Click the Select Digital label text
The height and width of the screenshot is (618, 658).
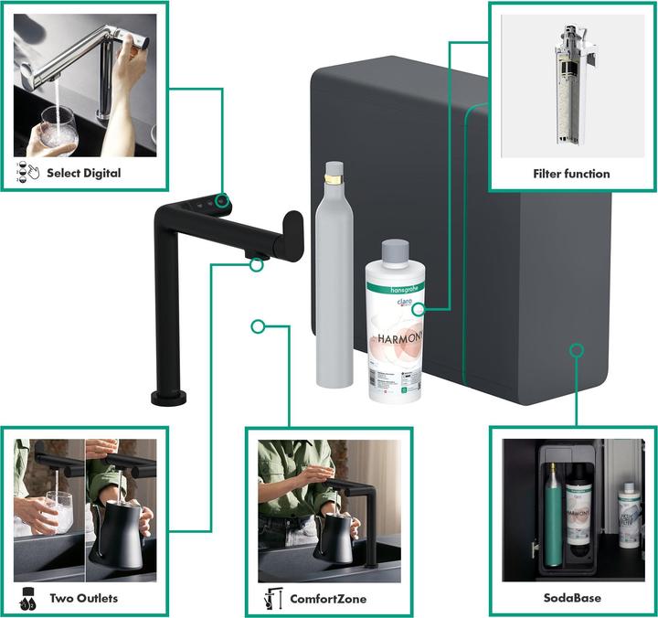[83, 173]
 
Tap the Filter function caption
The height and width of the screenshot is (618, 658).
[571, 173]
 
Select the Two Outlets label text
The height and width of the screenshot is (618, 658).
[83, 599]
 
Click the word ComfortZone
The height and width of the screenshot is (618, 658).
[327, 599]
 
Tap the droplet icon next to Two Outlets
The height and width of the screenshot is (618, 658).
[27, 599]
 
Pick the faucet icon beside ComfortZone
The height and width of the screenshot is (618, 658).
[271, 599]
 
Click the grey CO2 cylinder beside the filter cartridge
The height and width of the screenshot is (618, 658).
[334, 283]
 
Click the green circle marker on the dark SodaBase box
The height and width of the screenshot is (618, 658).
[576, 349]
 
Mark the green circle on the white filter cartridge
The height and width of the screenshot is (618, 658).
[418, 309]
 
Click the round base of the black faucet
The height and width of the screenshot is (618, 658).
[170, 395]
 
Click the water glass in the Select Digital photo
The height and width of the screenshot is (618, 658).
[57, 131]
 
